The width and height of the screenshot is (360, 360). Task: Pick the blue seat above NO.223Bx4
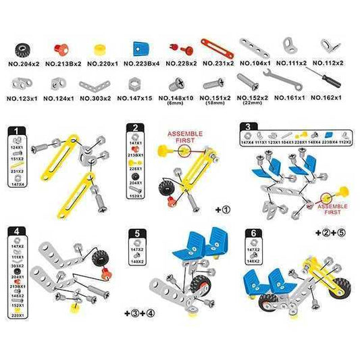pyautogui.click(x=140, y=49)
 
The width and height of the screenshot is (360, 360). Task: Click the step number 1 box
pyautogui.click(x=20, y=130)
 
